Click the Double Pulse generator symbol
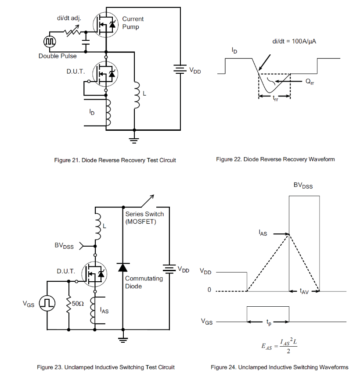tap(49, 41)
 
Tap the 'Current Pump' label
tap(133, 23)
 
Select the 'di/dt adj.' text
tap(69, 19)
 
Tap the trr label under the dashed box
tap(275, 99)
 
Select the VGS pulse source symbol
tap(47, 303)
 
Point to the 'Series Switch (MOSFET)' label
tap(144, 218)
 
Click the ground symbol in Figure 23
tap(123, 339)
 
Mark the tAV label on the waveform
tap(304, 291)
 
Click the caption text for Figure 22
tap(275, 159)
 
